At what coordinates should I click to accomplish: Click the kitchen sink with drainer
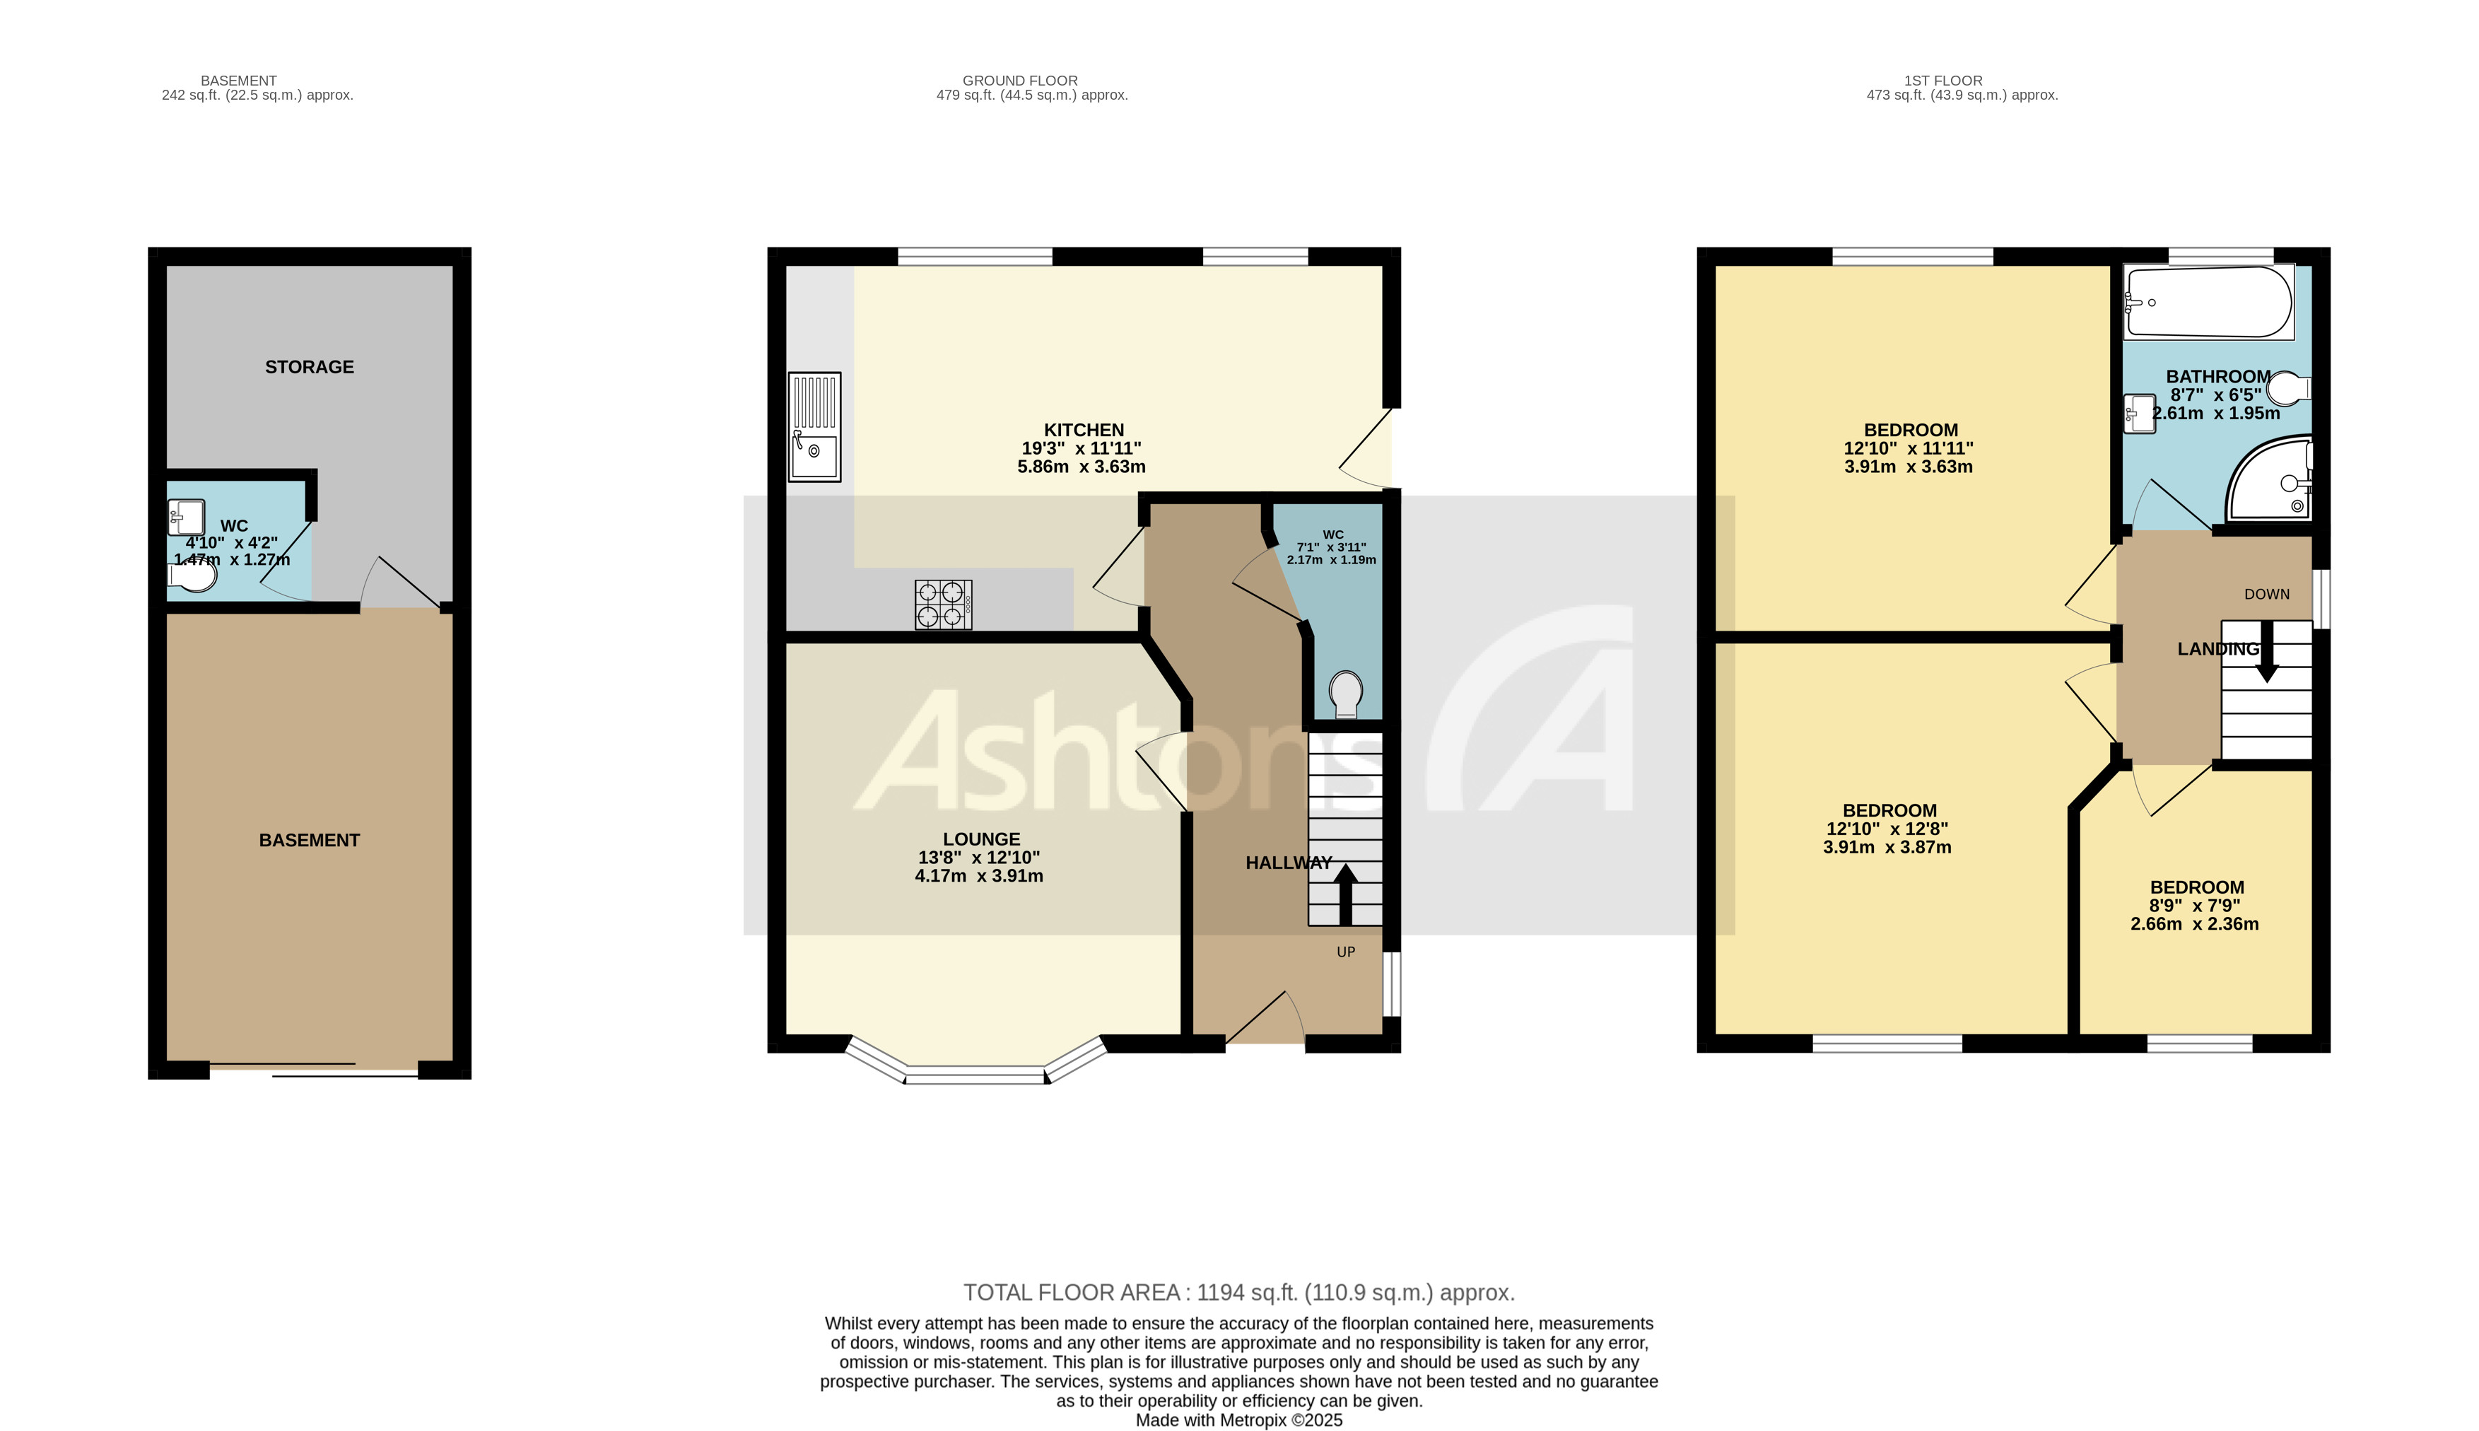pyautogui.click(x=814, y=426)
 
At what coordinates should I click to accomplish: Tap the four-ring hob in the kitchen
pyautogui.click(x=942, y=604)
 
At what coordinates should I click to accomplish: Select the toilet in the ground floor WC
pyautogui.click(x=1345, y=694)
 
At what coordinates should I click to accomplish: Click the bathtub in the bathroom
pyautogui.click(x=2207, y=302)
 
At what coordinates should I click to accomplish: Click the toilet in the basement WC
pyautogui.click(x=192, y=577)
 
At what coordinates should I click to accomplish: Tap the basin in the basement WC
pyautogui.click(x=186, y=516)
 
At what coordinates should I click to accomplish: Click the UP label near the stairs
pyautogui.click(x=1345, y=952)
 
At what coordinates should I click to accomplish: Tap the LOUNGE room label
pyautogui.click(x=980, y=839)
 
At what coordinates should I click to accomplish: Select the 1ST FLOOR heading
pyautogui.click(x=1942, y=81)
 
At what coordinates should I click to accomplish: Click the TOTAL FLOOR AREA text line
pyautogui.click(x=1238, y=1292)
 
